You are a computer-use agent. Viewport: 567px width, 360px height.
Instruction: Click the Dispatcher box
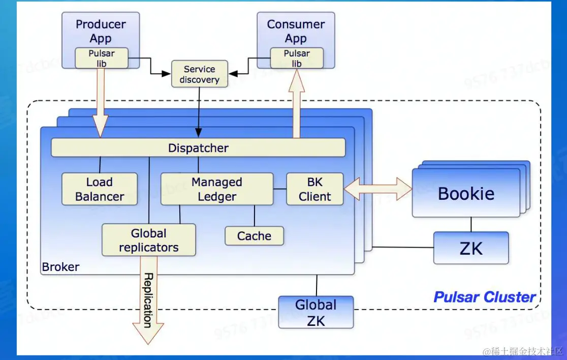(x=198, y=148)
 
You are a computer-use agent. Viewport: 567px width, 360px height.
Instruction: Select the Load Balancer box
(x=100, y=189)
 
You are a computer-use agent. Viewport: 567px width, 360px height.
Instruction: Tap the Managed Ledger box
(x=217, y=189)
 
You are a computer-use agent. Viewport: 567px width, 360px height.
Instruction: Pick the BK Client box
(x=315, y=189)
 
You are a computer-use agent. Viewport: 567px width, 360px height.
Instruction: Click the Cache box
(x=254, y=236)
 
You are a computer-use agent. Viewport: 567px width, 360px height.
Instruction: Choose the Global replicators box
(x=149, y=240)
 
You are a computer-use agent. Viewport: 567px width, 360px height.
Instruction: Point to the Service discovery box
(x=199, y=74)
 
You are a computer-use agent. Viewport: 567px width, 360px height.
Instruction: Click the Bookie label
(x=466, y=194)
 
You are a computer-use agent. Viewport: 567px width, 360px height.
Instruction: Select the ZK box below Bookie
(x=471, y=248)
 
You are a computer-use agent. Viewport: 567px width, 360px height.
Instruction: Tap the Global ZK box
(x=316, y=312)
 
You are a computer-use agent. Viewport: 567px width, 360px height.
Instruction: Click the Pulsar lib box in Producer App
(x=102, y=58)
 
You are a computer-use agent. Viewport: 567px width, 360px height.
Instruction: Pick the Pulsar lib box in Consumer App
(x=297, y=58)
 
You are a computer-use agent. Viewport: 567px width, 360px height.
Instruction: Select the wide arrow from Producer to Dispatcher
(x=100, y=102)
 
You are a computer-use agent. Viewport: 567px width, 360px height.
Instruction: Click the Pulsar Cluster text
(x=484, y=297)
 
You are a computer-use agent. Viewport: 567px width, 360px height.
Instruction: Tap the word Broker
(x=60, y=267)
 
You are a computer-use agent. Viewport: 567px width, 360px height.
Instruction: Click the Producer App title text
(x=101, y=31)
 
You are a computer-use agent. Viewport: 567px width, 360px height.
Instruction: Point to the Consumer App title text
(x=296, y=31)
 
